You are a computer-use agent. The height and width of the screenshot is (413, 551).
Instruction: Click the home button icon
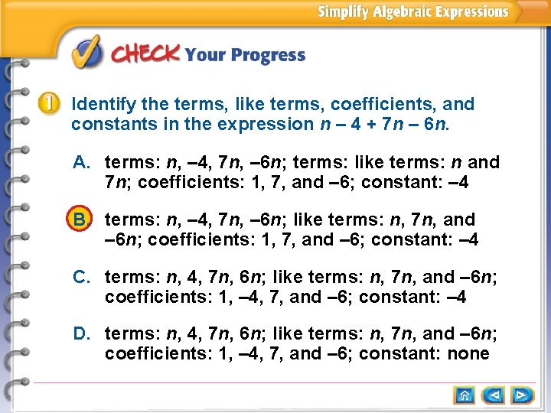[465, 395]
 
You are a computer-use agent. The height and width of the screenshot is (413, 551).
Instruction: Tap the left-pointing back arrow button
[494, 395]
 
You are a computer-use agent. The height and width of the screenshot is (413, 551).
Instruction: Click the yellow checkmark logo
[86, 53]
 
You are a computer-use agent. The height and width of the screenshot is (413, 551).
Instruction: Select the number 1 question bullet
[49, 103]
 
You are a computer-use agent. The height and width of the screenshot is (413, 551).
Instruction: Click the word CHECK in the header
[146, 54]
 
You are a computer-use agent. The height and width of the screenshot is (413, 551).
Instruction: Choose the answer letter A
[82, 162]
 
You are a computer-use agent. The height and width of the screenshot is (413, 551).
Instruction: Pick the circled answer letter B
[81, 220]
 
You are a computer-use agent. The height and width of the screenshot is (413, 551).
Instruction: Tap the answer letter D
[82, 333]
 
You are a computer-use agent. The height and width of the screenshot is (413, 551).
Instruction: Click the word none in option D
[468, 353]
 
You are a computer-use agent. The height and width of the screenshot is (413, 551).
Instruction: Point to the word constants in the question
[107, 124]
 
